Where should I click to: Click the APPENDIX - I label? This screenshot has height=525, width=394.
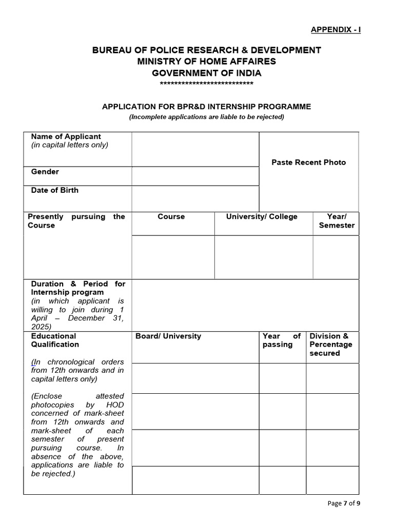click(336, 30)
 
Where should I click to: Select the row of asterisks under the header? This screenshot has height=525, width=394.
click(206, 84)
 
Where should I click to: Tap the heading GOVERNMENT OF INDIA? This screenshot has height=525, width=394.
click(206, 73)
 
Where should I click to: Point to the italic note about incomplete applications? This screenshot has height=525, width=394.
click(206, 117)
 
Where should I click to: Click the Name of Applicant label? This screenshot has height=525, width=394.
click(66, 136)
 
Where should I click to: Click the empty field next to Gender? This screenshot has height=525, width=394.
click(195, 176)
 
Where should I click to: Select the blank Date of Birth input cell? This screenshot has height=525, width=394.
click(195, 198)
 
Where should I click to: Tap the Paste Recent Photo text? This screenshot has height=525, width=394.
click(308, 162)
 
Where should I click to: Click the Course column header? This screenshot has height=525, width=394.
click(171, 216)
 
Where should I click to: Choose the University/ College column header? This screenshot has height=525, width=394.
click(262, 216)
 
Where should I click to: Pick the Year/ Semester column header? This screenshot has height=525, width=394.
click(337, 221)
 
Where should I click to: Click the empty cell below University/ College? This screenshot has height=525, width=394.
click(263, 257)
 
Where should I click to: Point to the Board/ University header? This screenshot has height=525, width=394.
click(168, 336)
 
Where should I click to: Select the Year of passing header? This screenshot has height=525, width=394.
click(282, 340)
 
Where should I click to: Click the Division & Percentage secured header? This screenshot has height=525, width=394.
click(331, 345)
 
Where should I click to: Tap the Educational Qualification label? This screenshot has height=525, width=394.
click(55, 340)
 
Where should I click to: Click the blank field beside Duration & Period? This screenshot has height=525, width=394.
click(245, 305)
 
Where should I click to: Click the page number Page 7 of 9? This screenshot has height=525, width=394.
click(344, 503)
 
